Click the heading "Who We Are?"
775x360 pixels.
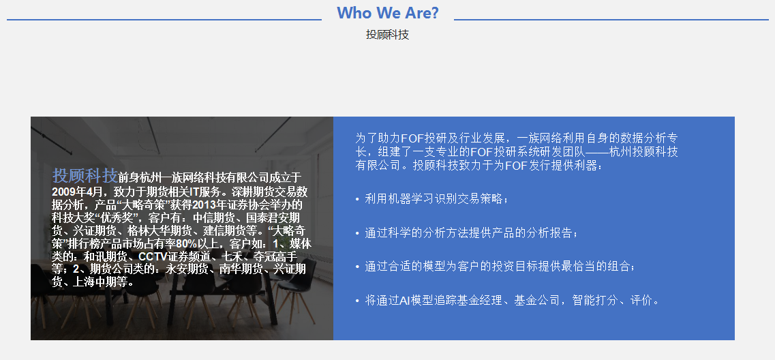[387, 13]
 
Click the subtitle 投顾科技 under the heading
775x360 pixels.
[387, 35]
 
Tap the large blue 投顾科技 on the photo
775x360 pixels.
[85, 175]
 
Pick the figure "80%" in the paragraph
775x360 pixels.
[187, 243]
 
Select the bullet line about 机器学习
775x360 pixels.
[432, 199]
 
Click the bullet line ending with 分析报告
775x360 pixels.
[467, 233]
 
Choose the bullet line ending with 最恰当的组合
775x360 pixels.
[496, 267]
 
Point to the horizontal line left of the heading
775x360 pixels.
[164, 20]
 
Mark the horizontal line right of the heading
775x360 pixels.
[611, 20]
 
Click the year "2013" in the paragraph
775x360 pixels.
[204, 205]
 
